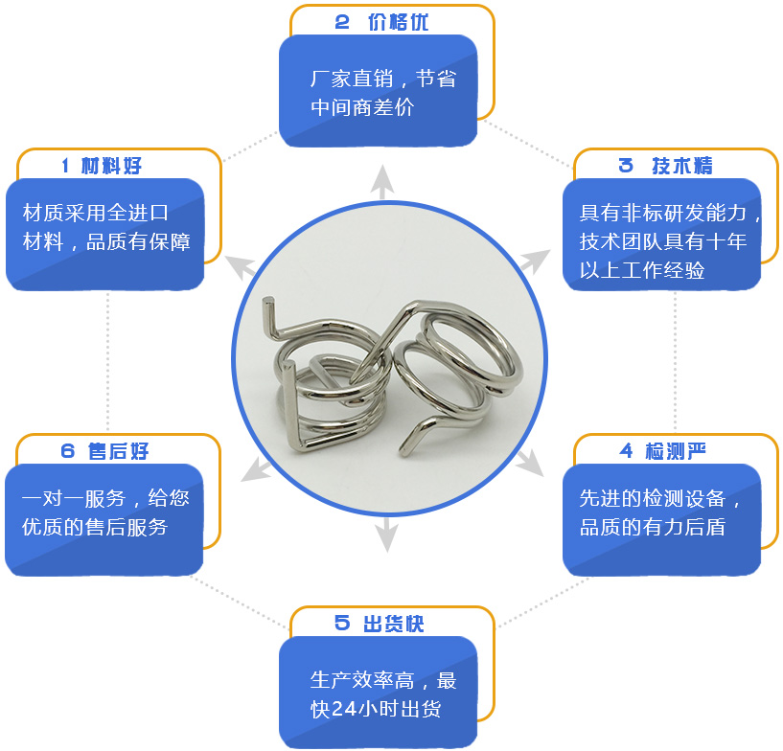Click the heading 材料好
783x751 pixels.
point(111,166)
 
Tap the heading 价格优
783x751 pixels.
point(398,22)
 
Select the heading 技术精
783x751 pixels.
point(682,166)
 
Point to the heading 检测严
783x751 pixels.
point(675,451)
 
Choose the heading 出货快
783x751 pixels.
point(394,624)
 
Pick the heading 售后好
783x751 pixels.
point(118,451)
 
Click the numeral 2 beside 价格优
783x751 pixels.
point(342,22)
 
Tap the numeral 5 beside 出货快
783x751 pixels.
point(342,623)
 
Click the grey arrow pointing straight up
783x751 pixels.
point(382,182)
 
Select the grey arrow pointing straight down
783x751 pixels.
point(386,535)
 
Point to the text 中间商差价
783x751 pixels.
point(362,107)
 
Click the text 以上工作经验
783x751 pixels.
point(642,270)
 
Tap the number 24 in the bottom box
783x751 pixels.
point(344,709)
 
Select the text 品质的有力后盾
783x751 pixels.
point(652,527)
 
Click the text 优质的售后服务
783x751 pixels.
point(95,527)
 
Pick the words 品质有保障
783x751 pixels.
point(138,242)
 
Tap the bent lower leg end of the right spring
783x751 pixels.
point(404,450)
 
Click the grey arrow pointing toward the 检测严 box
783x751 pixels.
point(529,462)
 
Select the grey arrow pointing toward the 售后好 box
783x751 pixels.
point(256,469)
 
